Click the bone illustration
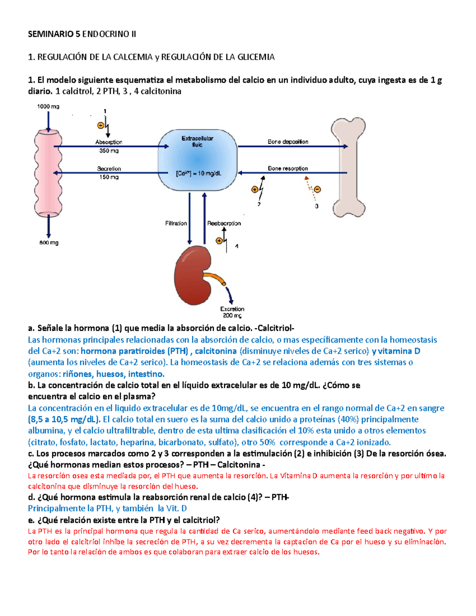pyautogui.click(x=348, y=167)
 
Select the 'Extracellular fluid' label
pyautogui.click(x=197, y=142)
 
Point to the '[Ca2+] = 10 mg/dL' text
pyautogui.click(x=198, y=173)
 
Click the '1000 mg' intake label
pyautogui.click(x=48, y=106)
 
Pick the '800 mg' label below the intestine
pyautogui.click(x=49, y=243)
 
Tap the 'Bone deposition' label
pyautogui.click(x=288, y=142)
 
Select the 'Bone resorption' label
pyautogui.click(x=288, y=169)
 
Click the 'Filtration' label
pyautogui.click(x=176, y=223)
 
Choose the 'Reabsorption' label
pyautogui.click(x=224, y=223)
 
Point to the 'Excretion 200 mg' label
pyautogui.click(x=232, y=312)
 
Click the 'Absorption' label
pyautogui.click(x=109, y=142)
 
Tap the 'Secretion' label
pyautogui.click(x=109, y=169)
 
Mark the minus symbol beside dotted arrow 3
pyautogui.click(x=318, y=190)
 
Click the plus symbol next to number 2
pyautogui.click(x=255, y=190)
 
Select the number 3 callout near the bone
pyautogui.click(x=317, y=206)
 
